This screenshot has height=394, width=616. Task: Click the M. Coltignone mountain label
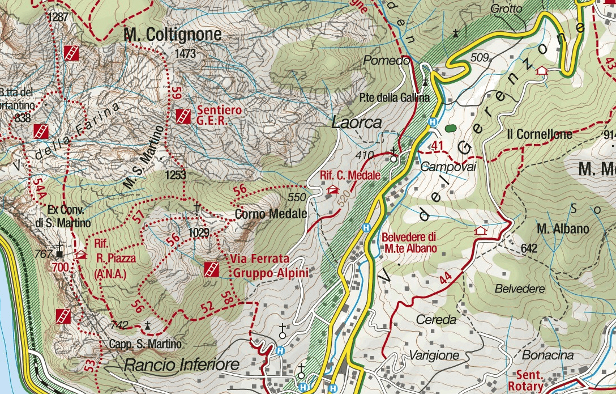tap(172, 35)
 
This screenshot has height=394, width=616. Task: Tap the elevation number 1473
tap(185, 54)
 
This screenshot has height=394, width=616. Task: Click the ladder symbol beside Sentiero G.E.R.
tap(182, 116)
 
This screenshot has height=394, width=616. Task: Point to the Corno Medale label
tap(271, 214)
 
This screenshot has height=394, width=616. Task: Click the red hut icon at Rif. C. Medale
tap(331, 190)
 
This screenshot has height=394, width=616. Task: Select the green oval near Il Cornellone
tap(450, 129)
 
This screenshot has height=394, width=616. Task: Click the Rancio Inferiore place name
tap(182, 365)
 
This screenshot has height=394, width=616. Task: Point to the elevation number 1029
tap(199, 232)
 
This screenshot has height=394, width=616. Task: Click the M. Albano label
tap(563, 229)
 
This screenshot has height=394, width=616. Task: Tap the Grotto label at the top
tap(506, 9)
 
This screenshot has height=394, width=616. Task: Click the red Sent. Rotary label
tap(531, 380)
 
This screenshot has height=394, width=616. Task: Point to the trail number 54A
tap(39, 188)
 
